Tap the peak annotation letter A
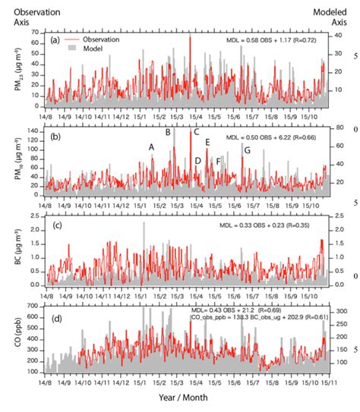[151, 146]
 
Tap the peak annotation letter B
[168, 133]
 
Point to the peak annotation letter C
[196, 132]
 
